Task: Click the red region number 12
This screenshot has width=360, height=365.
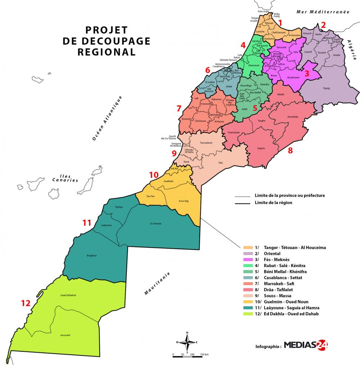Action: click(x=26, y=303)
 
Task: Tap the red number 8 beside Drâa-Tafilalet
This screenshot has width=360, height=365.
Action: click(x=290, y=151)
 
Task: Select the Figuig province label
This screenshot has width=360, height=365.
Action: click(x=327, y=88)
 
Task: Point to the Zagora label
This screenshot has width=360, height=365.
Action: click(x=261, y=148)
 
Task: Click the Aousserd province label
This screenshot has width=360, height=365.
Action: click(x=65, y=335)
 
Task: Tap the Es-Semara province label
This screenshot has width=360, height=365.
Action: click(x=156, y=224)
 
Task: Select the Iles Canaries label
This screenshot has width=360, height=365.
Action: click(x=65, y=178)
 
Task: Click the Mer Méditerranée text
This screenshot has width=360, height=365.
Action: click(x=323, y=12)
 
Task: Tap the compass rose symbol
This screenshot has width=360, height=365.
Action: click(x=187, y=342)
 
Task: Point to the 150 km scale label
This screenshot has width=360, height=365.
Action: click(x=204, y=355)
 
